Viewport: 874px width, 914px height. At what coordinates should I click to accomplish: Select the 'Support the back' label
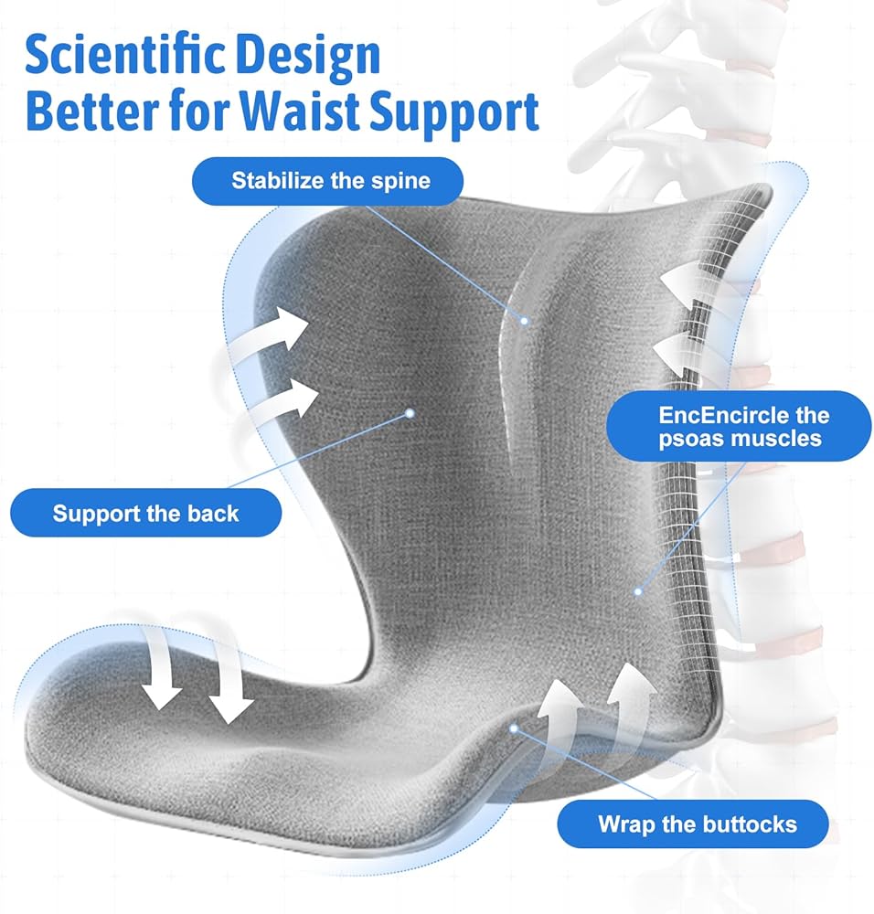tap(145, 513)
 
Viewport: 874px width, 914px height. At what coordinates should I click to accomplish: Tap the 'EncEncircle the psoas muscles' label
tap(739, 426)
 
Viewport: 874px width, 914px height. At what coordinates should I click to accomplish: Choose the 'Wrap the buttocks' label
tap(693, 824)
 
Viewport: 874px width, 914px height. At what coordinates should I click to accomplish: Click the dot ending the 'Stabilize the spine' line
tap(524, 321)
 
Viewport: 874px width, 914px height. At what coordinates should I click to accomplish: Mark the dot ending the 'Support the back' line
tap(410, 413)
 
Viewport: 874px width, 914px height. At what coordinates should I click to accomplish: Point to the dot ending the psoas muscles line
tap(638, 591)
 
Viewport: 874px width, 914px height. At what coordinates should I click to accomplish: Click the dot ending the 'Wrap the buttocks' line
tap(514, 728)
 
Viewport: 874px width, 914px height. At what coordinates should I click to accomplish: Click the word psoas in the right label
tap(687, 440)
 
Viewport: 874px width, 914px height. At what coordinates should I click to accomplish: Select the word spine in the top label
tap(400, 182)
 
